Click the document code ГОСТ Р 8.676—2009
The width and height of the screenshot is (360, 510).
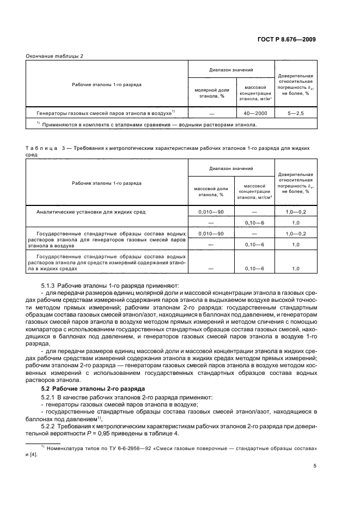pos(288,39)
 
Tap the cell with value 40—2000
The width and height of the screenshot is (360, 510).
pos(254,113)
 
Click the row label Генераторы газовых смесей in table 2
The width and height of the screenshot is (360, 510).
pos(105,113)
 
